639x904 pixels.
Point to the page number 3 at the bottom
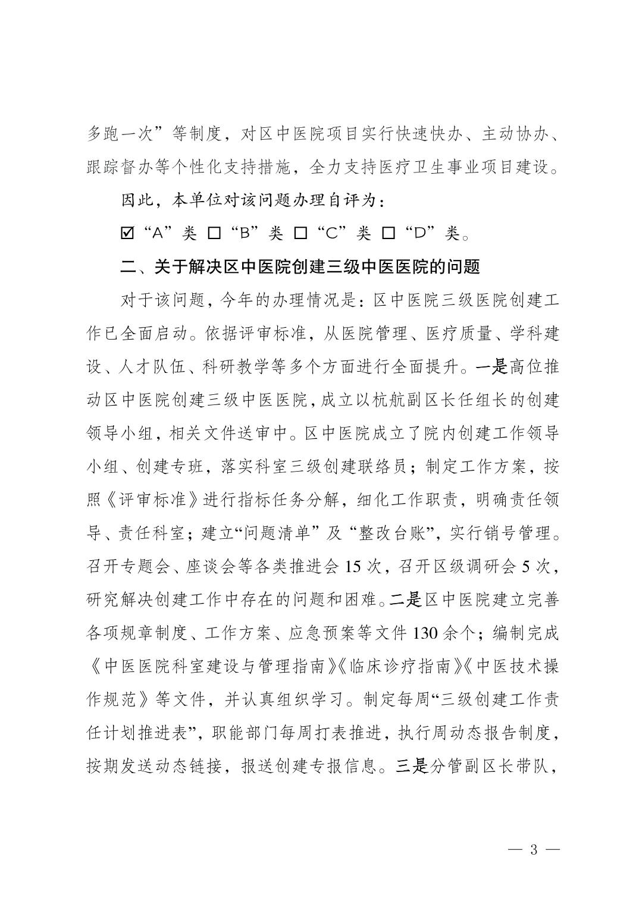coord(533,850)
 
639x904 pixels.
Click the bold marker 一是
coord(491,366)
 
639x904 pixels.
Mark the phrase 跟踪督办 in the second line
coord(121,168)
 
